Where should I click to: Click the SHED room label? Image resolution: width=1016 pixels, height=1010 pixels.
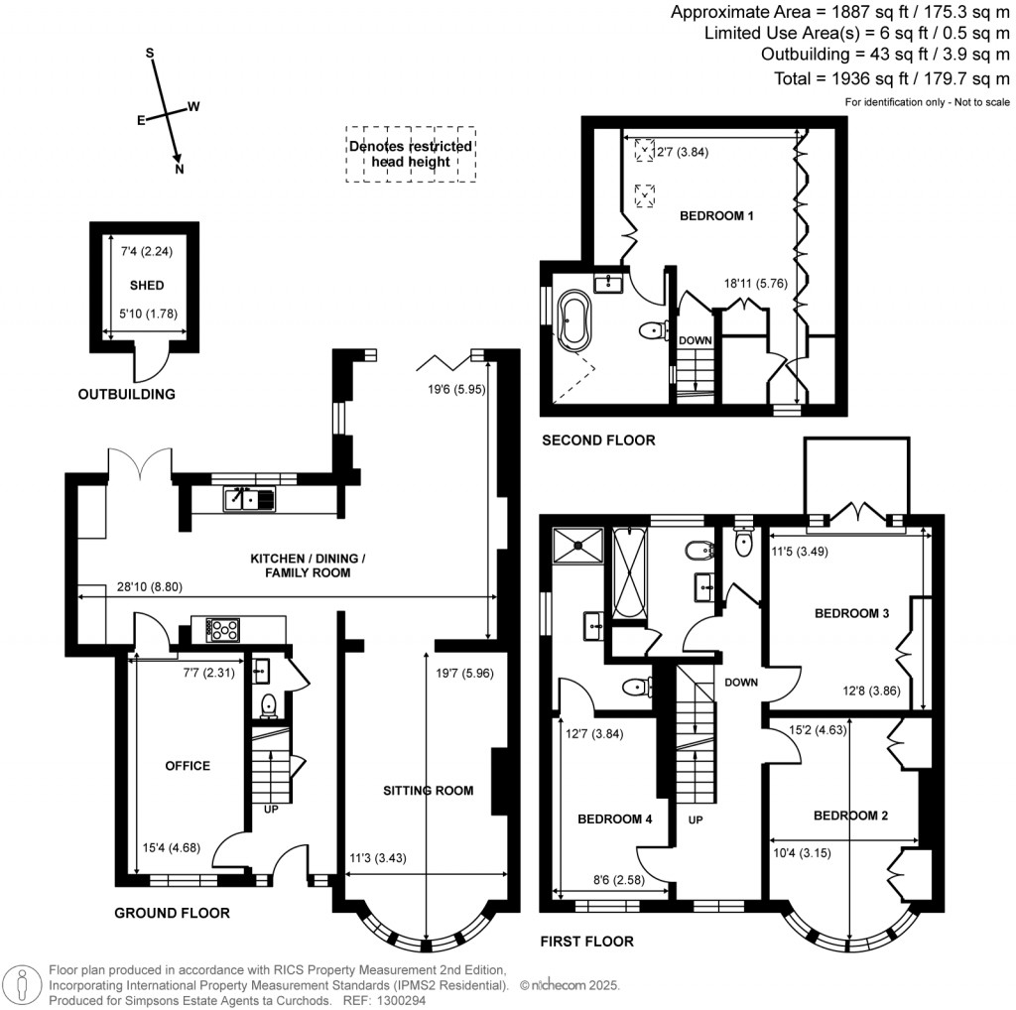pyautogui.click(x=147, y=285)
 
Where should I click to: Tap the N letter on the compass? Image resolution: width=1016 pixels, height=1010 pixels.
pyautogui.click(x=180, y=169)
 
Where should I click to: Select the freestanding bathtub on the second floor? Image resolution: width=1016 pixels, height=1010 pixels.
pyautogui.click(x=574, y=318)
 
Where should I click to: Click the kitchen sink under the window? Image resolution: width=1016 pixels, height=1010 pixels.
pyautogui.click(x=249, y=499)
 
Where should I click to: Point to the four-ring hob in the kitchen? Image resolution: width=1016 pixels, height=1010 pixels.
pyautogui.click(x=223, y=630)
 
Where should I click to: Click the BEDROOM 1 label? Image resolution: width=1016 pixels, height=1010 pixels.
pyautogui.click(x=716, y=215)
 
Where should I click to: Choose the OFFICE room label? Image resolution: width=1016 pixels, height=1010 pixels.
pyautogui.click(x=188, y=766)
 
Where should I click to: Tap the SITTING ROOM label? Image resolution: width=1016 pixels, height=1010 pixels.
pyautogui.click(x=428, y=791)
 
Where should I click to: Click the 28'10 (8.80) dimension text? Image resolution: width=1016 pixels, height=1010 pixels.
pyautogui.click(x=150, y=587)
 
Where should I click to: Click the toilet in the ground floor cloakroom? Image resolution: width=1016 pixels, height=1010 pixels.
pyautogui.click(x=268, y=705)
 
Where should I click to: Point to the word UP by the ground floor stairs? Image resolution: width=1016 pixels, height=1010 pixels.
pyautogui.click(x=271, y=810)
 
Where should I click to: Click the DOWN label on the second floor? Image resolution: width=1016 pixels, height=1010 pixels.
pyautogui.click(x=696, y=340)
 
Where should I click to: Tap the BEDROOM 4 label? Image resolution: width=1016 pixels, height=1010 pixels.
pyautogui.click(x=614, y=819)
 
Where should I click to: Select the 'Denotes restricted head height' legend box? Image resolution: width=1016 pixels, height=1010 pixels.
pyautogui.click(x=411, y=154)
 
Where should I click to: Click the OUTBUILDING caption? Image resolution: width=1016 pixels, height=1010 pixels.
pyautogui.click(x=126, y=394)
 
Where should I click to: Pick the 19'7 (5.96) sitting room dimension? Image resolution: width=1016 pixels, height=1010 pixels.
pyautogui.click(x=464, y=673)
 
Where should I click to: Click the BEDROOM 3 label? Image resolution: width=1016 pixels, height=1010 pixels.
pyautogui.click(x=851, y=613)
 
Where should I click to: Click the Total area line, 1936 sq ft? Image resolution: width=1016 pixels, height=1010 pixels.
pyautogui.click(x=892, y=79)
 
